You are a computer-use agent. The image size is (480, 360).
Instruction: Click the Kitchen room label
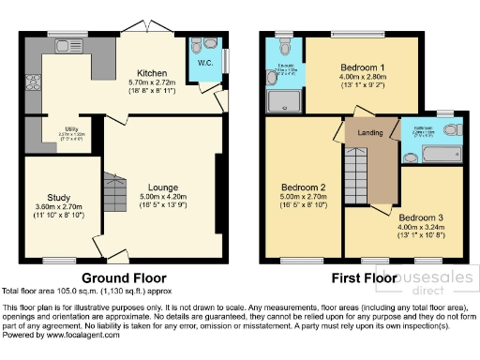[153, 73]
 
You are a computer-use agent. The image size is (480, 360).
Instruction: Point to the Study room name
[59, 197]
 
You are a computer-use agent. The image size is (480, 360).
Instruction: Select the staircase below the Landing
[358, 178]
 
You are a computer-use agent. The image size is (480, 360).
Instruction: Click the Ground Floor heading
[124, 278]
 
